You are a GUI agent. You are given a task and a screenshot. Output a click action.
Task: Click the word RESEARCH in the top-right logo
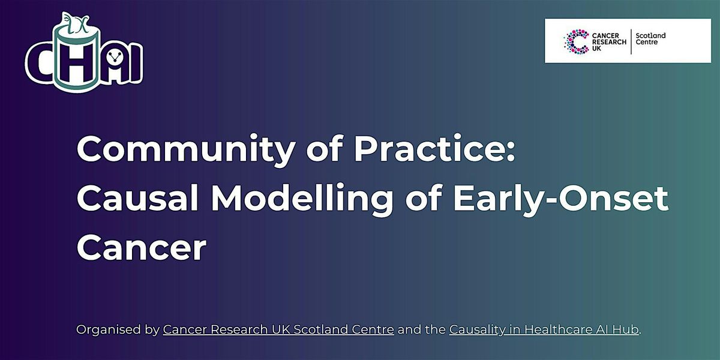[x=609, y=41]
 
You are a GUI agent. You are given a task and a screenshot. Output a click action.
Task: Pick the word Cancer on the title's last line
[x=141, y=247]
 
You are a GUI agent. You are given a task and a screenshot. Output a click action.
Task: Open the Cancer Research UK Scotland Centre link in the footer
[x=278, y=329]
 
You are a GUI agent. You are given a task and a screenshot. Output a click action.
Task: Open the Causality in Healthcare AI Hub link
[x=544, y=329]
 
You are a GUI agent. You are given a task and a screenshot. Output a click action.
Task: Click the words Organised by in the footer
[x=118, y=329]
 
